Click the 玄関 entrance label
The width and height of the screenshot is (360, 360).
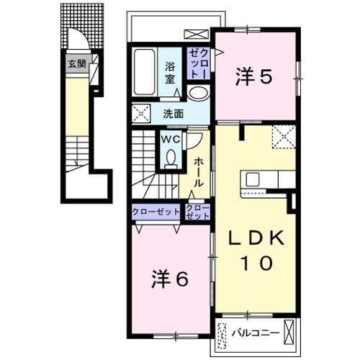[77, 64]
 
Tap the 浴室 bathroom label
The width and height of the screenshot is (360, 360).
[170, 73]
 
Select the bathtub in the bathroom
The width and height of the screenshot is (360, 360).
[144, 72]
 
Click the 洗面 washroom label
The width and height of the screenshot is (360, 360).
[174, 114]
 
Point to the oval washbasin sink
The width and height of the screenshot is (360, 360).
[198, 93]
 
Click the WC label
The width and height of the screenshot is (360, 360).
[171, 139]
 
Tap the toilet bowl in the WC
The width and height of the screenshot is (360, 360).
[171, 158]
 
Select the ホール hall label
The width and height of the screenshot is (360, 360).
[199, 172]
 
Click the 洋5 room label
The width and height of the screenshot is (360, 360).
[254, 77]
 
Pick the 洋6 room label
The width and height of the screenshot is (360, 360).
[170, 279]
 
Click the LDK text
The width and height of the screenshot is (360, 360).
[256, 238]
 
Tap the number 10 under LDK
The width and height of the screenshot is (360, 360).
[256, 263]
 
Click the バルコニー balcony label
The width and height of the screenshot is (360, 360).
[256, 333]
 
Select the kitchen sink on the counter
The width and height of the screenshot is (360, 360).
[253, 179]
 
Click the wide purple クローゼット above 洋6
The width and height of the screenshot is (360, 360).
[156, 212]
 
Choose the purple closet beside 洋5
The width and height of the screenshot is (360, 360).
[199, 63]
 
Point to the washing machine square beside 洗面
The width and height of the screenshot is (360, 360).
[141, 113]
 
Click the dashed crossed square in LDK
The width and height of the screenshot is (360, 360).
[284, 137]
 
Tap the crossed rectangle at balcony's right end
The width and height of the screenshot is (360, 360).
[289, 332]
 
